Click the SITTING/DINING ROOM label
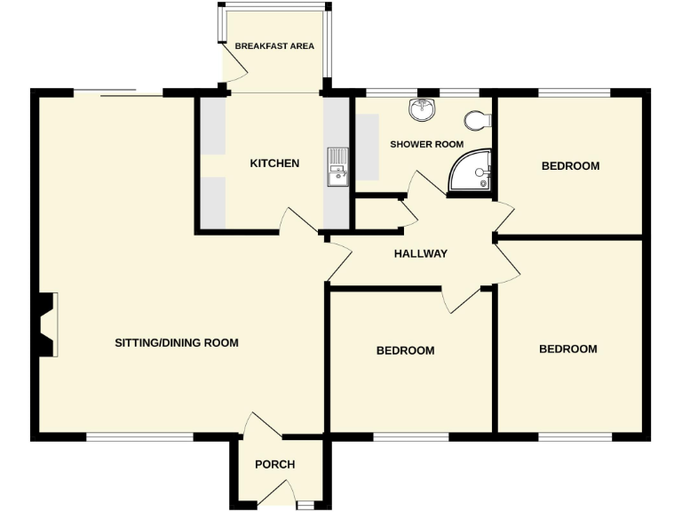(x=177, y=342)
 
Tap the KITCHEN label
(x=274, y=164)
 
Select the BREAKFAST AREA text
(x=274, y=46)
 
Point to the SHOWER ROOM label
(x=427, y=144)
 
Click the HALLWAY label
(x=421, y=254)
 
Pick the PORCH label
(x=274, y=464)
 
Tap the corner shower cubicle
(x=472, y=172)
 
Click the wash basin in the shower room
(x=423, y=110)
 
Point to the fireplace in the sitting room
(x=48, y=324)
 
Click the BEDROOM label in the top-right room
(x=570, y=166)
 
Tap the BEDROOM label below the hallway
(x=406, y=351)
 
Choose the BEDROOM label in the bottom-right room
(x=568, y=349)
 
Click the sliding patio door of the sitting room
(x=118, y=92)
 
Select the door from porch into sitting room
(x=265, y=426)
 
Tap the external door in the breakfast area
(x=232, y=63)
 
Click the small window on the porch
(x=305, y=505)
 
